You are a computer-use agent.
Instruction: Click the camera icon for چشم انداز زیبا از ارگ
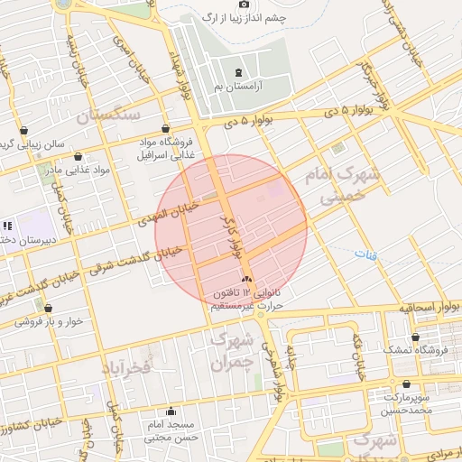pyautogui.click(x=243, y=5)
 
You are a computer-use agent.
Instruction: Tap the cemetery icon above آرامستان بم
pyautogui.click(x=237, y=72)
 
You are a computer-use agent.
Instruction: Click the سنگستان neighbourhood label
pyautogui.click(x=108, y=116)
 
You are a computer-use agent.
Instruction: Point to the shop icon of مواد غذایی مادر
pyautogui.click(x=79, y=156)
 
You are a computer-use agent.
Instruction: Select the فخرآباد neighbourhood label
pyautogui.click(x=131, y=366)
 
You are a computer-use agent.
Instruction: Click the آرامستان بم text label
pyautogui.click(x=236, y=86)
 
